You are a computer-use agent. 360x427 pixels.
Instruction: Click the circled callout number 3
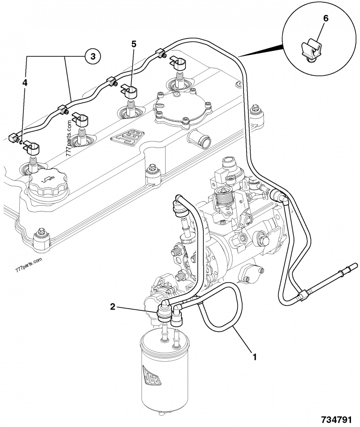coord(92,56)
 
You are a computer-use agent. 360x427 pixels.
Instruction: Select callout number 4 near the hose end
coord(25,83)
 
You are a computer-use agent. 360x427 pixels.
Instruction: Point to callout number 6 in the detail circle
coord(326,18)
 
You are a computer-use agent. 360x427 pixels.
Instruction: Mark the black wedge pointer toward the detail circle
coord(263,50)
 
